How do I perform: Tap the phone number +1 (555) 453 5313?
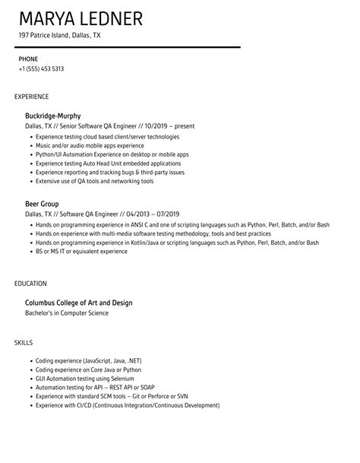[x=41, y=68]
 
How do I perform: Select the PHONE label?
[x=28, y=58]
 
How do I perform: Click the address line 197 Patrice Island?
[x=59, y=36]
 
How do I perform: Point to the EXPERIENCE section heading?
[x=32, y=97]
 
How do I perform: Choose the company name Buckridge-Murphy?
[x=52, y=116]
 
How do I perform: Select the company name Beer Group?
[x=42, y=205]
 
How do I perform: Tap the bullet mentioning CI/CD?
[x=127, y=405]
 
